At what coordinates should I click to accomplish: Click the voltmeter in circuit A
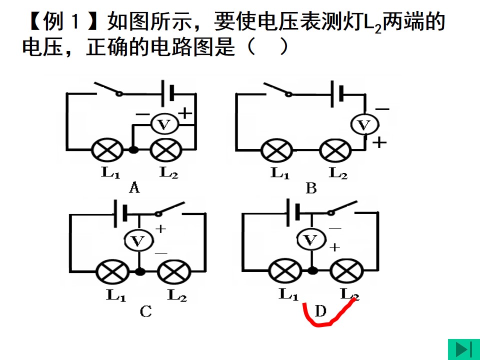click(164, 124)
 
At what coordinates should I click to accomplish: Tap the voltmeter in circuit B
click(364, 124)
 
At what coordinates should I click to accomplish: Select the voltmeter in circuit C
click(138, 240)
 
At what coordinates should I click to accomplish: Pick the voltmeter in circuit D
click(311, 239)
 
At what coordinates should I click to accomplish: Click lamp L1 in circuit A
click(107, 149)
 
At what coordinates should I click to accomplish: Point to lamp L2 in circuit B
click(335, 150)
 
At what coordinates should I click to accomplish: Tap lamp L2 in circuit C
click(174, 271)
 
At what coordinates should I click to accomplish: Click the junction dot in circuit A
click(133, 149)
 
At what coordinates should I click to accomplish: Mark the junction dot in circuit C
click(140, 271)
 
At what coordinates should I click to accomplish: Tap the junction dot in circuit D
click(312, 270)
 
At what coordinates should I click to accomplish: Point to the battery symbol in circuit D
click(292, 213)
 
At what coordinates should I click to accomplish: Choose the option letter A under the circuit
click(134, 187)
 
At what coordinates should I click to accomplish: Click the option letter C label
click(145, 311)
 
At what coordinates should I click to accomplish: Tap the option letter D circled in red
click(320, 311)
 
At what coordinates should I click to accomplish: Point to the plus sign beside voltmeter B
click(379, 142)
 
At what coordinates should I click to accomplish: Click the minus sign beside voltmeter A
click(142, 115)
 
